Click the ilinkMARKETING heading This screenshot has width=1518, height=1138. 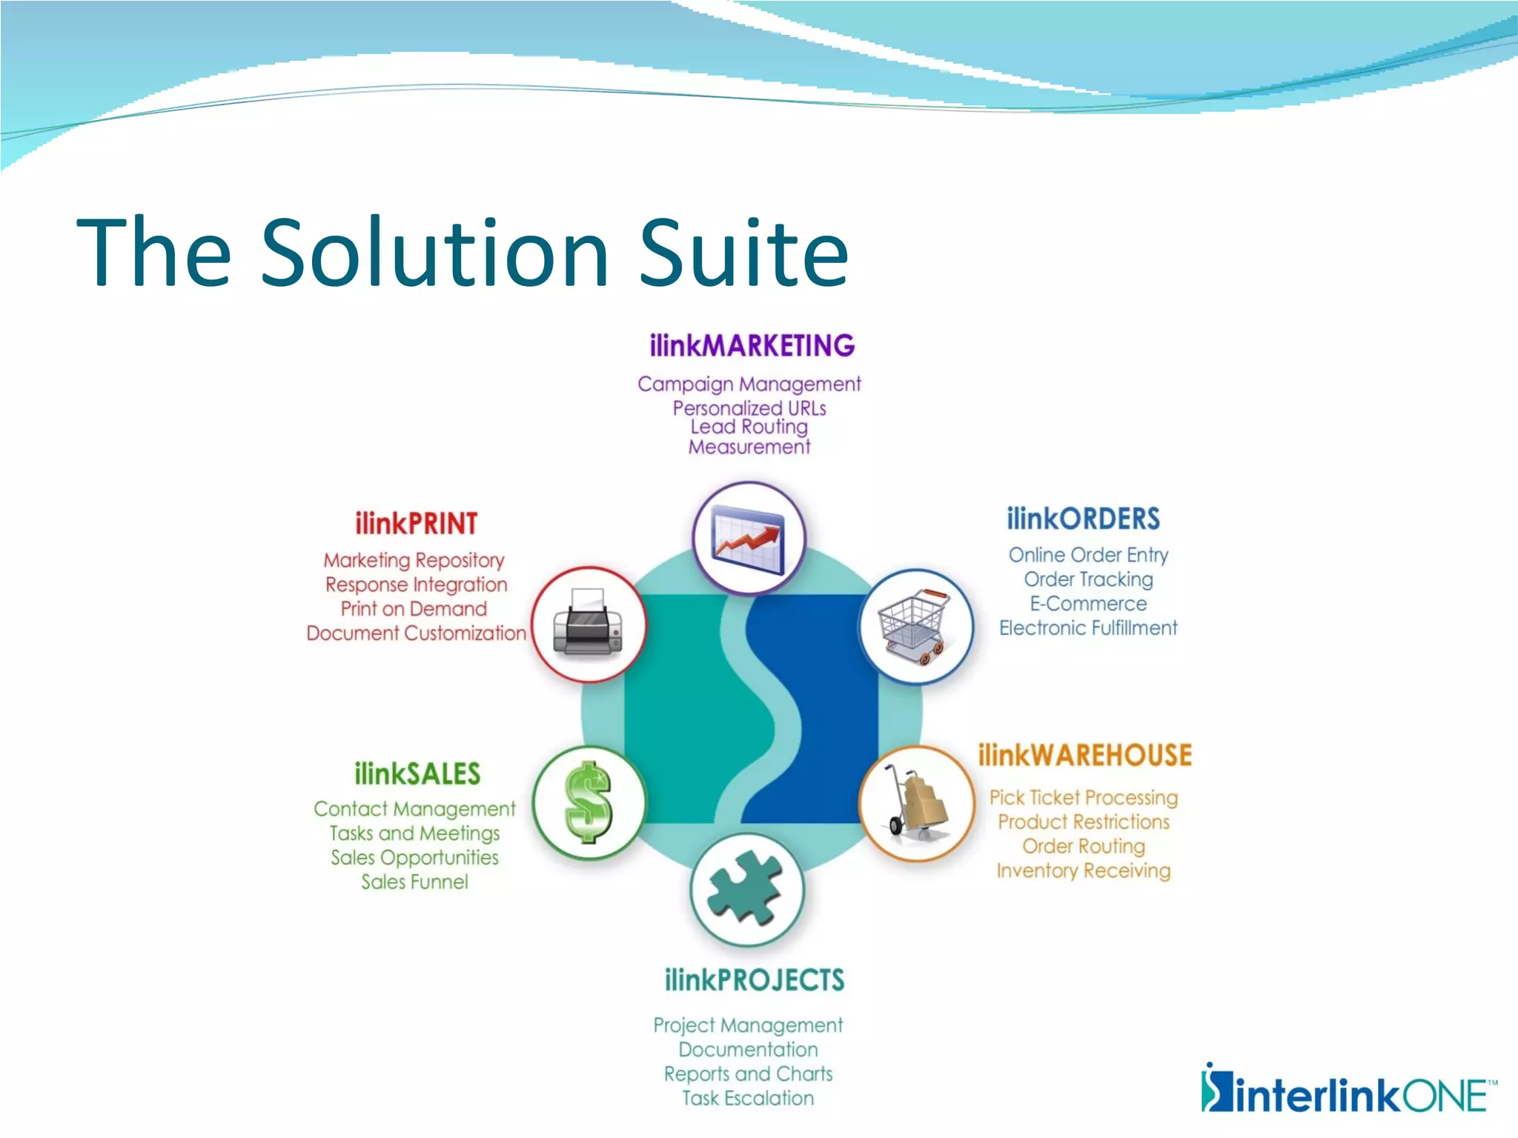pos(752,346)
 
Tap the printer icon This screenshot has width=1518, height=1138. pos(589,624)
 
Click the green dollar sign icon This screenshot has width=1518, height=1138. pos(589,802)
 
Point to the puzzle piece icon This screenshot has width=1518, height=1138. pos(746,888)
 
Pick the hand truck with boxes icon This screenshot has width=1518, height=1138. pos(917,803)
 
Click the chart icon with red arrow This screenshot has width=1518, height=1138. pos(748,539)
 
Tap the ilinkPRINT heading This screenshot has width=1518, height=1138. pos(416,524)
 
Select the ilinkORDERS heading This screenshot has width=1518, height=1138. pos(1083,519)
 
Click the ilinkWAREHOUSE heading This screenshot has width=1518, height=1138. pos(1084,756)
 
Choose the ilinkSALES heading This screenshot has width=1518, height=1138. pos(417,774)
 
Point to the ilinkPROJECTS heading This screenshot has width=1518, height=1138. pos(754,980)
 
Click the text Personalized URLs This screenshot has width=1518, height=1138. pos(749,408)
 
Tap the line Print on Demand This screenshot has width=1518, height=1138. pos(414,609)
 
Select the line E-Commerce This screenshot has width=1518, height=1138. pos(1087,604)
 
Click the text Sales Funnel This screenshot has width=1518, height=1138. pos(414,882)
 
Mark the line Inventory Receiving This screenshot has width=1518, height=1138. pos(1083,871)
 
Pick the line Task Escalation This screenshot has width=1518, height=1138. pos(747,1098)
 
